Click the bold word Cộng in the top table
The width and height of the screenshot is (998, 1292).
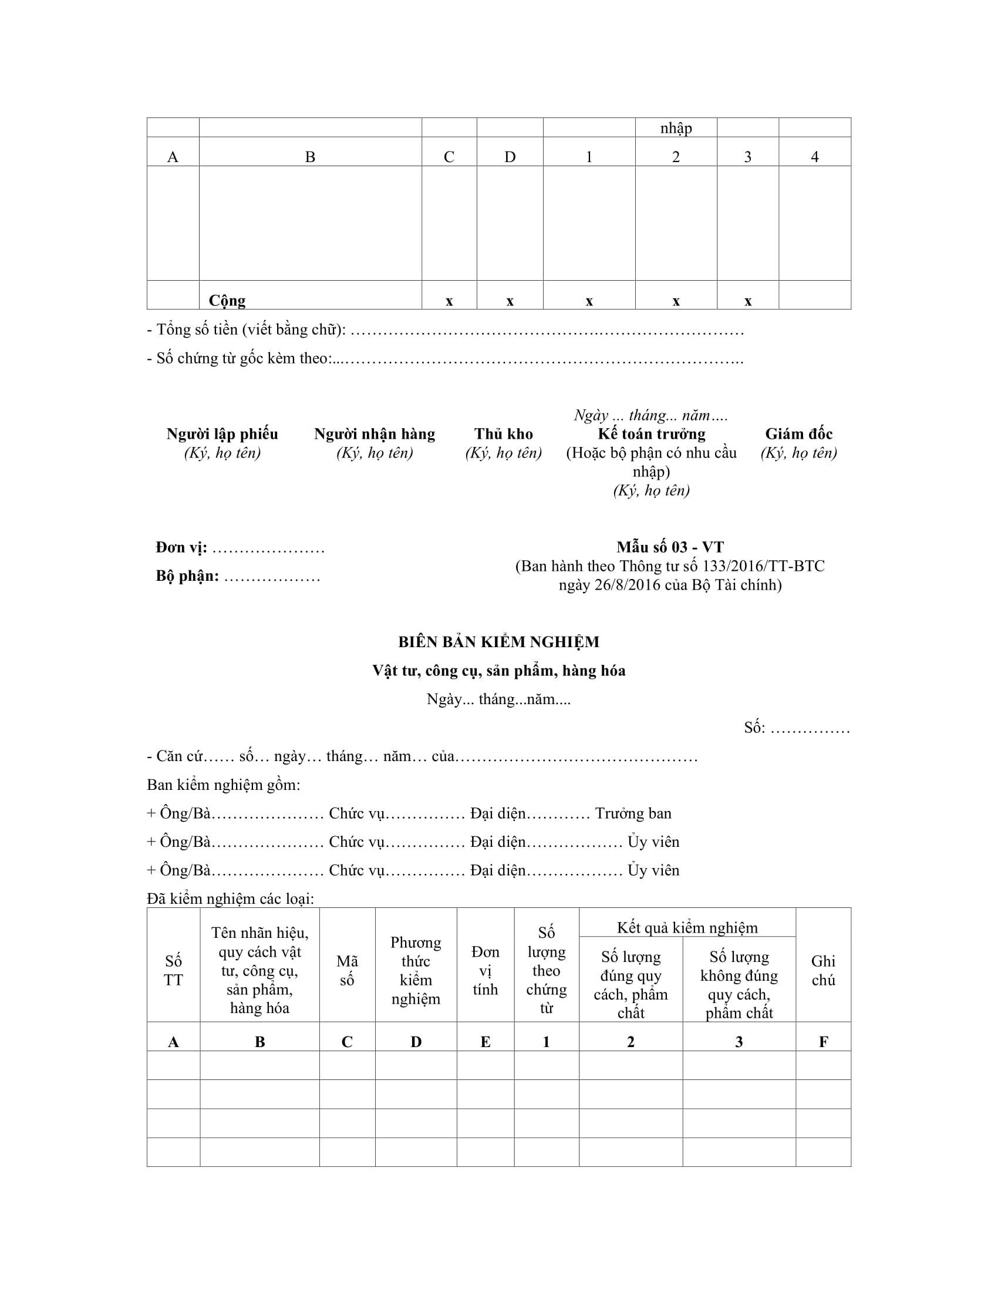pyautogui.click(x=227, y=301)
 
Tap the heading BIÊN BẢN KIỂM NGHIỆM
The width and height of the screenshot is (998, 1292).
pyautogui.click(x=498, y=642)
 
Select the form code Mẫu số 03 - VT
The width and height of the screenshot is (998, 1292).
pyautogui.click(x=670, y=547)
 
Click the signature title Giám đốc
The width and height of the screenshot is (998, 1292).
pyautogui.click(x=799, y=433)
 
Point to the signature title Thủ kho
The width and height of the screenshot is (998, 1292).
pyautogui.click(x=503, y=433)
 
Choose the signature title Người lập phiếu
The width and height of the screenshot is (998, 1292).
pyautogui.click(x=222, y=433)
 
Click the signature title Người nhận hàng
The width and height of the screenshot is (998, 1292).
pyautogui.click(x=375, y=433)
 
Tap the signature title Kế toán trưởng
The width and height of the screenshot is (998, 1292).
pyautogui.click(x=652, y=433)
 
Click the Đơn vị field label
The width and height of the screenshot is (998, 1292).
pyautogui.click(x=181, y=548)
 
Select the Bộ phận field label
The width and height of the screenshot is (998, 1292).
pyautogui.click(x=187, y=576)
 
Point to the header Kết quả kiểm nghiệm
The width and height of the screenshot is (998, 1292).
pyautogui.click(x=687, y=927)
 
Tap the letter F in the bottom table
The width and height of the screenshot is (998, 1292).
pyautogui.click(x=823, y=1042)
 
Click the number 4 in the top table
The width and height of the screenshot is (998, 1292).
pyautogui.click(x=814, y=157)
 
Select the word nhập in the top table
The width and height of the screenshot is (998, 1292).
pyautogui.click(x=676, y=129)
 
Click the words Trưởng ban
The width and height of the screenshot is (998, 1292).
pyautogui.click(x=633, y=813)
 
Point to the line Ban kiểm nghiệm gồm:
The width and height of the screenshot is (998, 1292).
pyautogui.click(x=224, y=785)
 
